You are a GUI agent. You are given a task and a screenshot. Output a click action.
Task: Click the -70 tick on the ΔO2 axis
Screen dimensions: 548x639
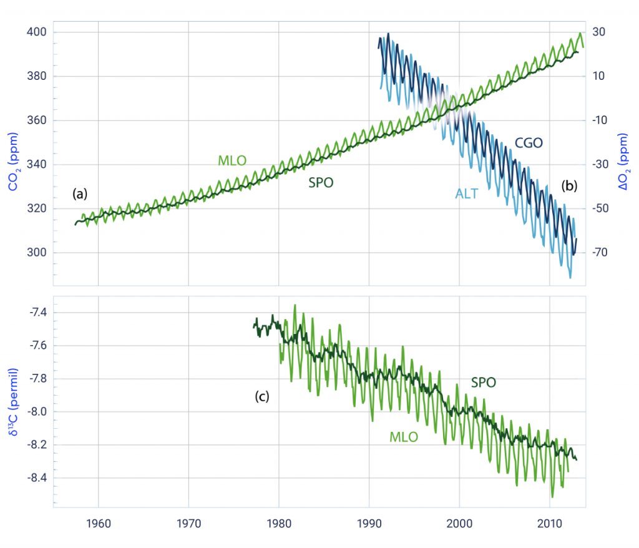coord(600,253)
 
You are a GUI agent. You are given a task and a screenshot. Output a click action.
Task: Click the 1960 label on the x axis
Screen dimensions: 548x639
coord(99,522)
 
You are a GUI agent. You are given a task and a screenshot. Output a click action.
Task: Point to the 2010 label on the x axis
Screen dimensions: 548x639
coord(549,522)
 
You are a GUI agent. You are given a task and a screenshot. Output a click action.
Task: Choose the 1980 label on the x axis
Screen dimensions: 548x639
coord(279,522)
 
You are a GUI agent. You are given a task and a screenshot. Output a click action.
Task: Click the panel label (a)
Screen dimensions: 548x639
coord(80,194)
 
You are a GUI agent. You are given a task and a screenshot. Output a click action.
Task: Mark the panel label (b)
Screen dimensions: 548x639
coord(570,185)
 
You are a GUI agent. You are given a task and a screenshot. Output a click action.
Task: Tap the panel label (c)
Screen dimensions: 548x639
coord(261,396)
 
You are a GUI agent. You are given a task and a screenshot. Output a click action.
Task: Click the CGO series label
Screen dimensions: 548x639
coord(529,142)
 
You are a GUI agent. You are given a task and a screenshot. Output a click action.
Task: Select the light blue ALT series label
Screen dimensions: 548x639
coord(466,194)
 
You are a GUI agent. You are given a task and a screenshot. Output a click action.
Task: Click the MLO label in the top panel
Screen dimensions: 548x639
coord(232,161)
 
